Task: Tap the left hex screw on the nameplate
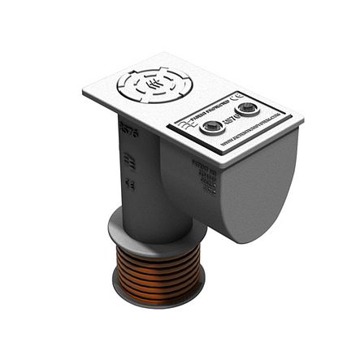pos(212,126)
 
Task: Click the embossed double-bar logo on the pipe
pos(128,160)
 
